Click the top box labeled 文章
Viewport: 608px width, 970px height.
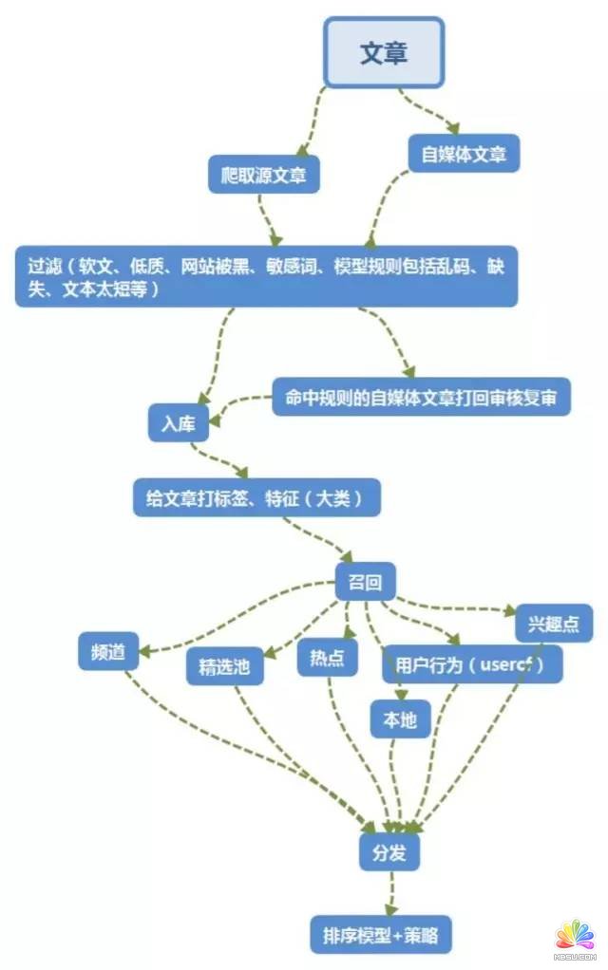(384, 52)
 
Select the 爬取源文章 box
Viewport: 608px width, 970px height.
(263, 175)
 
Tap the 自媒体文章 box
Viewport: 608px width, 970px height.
(465, 153)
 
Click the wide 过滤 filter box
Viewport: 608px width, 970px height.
(266, 277)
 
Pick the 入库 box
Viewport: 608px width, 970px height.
(178, 422)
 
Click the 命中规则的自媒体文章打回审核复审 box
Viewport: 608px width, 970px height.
(421, 398)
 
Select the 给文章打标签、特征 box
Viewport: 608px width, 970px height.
(256, 496)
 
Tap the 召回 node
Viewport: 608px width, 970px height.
(366, 581)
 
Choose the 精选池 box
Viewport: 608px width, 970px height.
(224, 665)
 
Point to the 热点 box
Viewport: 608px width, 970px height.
(327, 658)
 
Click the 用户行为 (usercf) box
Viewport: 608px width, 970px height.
(472, 663)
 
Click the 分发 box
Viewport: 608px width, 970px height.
(389, 851)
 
